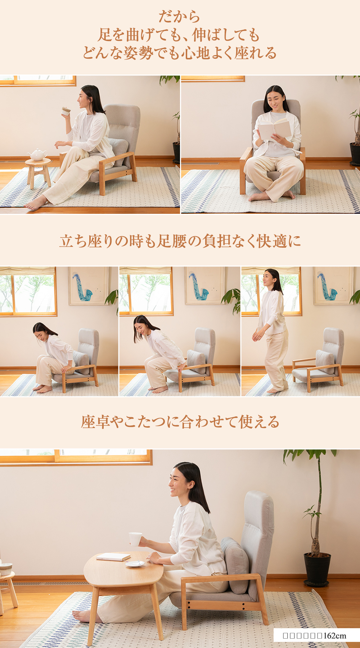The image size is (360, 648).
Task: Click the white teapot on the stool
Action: pos(37,155)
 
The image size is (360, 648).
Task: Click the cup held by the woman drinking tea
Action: pos(66,111)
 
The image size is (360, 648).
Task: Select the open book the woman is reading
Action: pos(275,130)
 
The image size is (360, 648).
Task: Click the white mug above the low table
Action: pos(135,539)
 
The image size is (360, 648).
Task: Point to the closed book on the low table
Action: pos(113,557)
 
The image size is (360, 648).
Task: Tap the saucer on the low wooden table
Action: pos(135,564)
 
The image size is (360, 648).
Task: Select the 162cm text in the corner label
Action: pos(335,636)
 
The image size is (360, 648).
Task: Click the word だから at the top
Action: pos(179,17)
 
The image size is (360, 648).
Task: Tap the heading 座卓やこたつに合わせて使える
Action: pos(180,422)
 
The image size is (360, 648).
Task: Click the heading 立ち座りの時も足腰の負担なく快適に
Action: pos(180,241)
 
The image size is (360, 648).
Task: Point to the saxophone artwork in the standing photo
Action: pos(328,287)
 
